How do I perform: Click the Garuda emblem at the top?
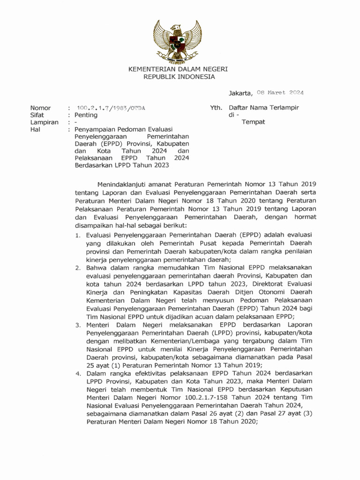pyautogui.click(x=178, y=41)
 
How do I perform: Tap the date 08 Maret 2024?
pyautogui.click(x=280, y=93)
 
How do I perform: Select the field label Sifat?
pyautogui.click(x=37, y=115)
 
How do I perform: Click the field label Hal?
pyautogui.click(x=35, y=129)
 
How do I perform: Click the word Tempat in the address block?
pyautogui.click(x=253, y=122)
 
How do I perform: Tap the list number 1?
pyautogui.click(x=79, y=235)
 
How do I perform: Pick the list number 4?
pyautogui.click(x=79, y=374)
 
